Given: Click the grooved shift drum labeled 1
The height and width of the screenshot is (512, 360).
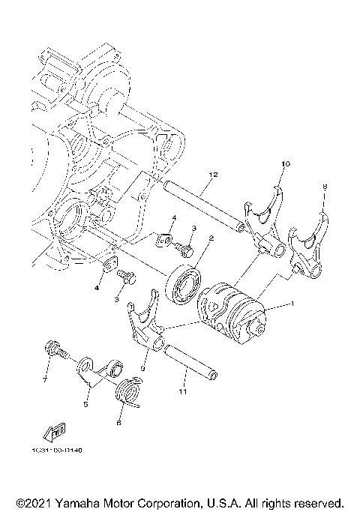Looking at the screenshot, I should click(x=232, y=312).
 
